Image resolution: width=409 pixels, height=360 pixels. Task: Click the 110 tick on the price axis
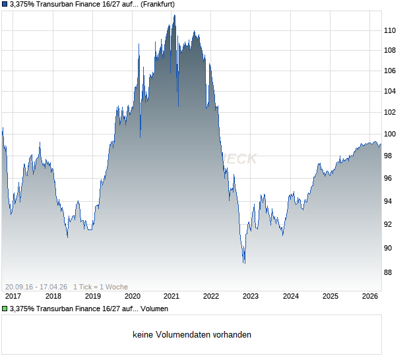click(391, 30)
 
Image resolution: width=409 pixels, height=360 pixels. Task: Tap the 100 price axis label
click(391, 134)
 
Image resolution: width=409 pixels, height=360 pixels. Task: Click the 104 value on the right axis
click(391, 91)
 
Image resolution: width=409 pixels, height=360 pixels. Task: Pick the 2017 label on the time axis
click(13, 297)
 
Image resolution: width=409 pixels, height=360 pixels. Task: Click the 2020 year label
click(132, 297)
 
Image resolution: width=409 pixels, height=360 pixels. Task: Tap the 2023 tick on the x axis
click(251, 297)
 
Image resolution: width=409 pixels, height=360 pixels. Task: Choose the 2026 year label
click(369, 297)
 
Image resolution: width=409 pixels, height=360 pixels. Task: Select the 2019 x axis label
click(92, 297)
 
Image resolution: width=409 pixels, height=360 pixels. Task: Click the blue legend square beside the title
click(5, 4)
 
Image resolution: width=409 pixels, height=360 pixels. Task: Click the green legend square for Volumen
click(5, 309)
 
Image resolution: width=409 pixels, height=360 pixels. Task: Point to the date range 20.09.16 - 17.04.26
click(36, 286)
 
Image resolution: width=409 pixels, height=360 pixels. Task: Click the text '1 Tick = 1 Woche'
click(101, 286)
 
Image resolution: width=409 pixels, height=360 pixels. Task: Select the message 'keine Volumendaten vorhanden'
click(192, 335)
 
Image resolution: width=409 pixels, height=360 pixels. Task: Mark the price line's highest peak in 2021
click(174, 15)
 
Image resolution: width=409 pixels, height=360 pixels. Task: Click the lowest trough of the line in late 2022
click(244, 263)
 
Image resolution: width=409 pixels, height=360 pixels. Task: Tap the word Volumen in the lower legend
click(154, 309)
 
